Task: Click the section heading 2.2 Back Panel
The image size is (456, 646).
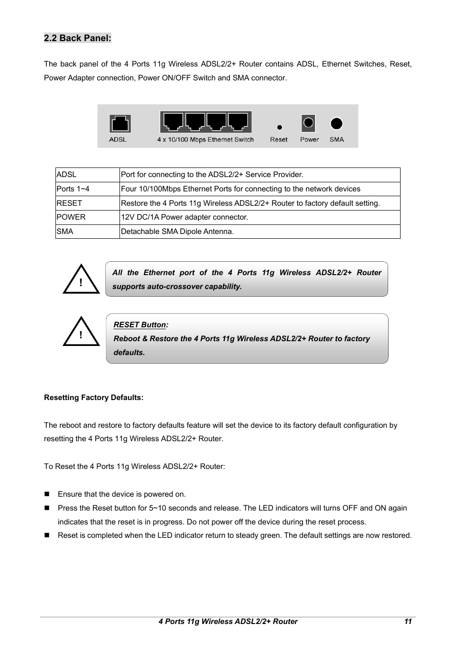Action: point(77,38)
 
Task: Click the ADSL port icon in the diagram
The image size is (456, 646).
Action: point(120,123)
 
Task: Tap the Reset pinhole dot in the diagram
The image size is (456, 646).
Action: point(280,127)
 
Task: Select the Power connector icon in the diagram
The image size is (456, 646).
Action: point(308,123)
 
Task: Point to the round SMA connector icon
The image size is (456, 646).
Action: point(337,123)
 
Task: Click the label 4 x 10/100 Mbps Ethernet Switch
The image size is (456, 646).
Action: point(205,140)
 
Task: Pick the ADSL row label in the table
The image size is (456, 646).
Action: point(66,175)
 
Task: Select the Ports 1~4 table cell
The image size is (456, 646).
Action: point(73,189)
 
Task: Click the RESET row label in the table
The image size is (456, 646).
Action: point(69,203)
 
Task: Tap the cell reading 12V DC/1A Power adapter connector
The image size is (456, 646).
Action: point(185,217)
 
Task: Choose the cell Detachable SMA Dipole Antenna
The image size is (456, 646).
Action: point(177,232)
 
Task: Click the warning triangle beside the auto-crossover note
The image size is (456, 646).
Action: point(81,280)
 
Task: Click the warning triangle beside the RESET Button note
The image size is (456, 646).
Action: point(81,333)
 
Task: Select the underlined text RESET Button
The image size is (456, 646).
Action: point(140,325)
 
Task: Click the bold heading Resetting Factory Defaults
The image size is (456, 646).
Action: point(94,398)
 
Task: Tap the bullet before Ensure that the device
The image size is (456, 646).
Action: point(47,494)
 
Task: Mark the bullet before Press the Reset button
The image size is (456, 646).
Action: point(47,508)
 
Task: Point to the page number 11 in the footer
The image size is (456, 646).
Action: point(407,622)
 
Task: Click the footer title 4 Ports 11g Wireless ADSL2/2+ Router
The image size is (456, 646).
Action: point(228,622)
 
